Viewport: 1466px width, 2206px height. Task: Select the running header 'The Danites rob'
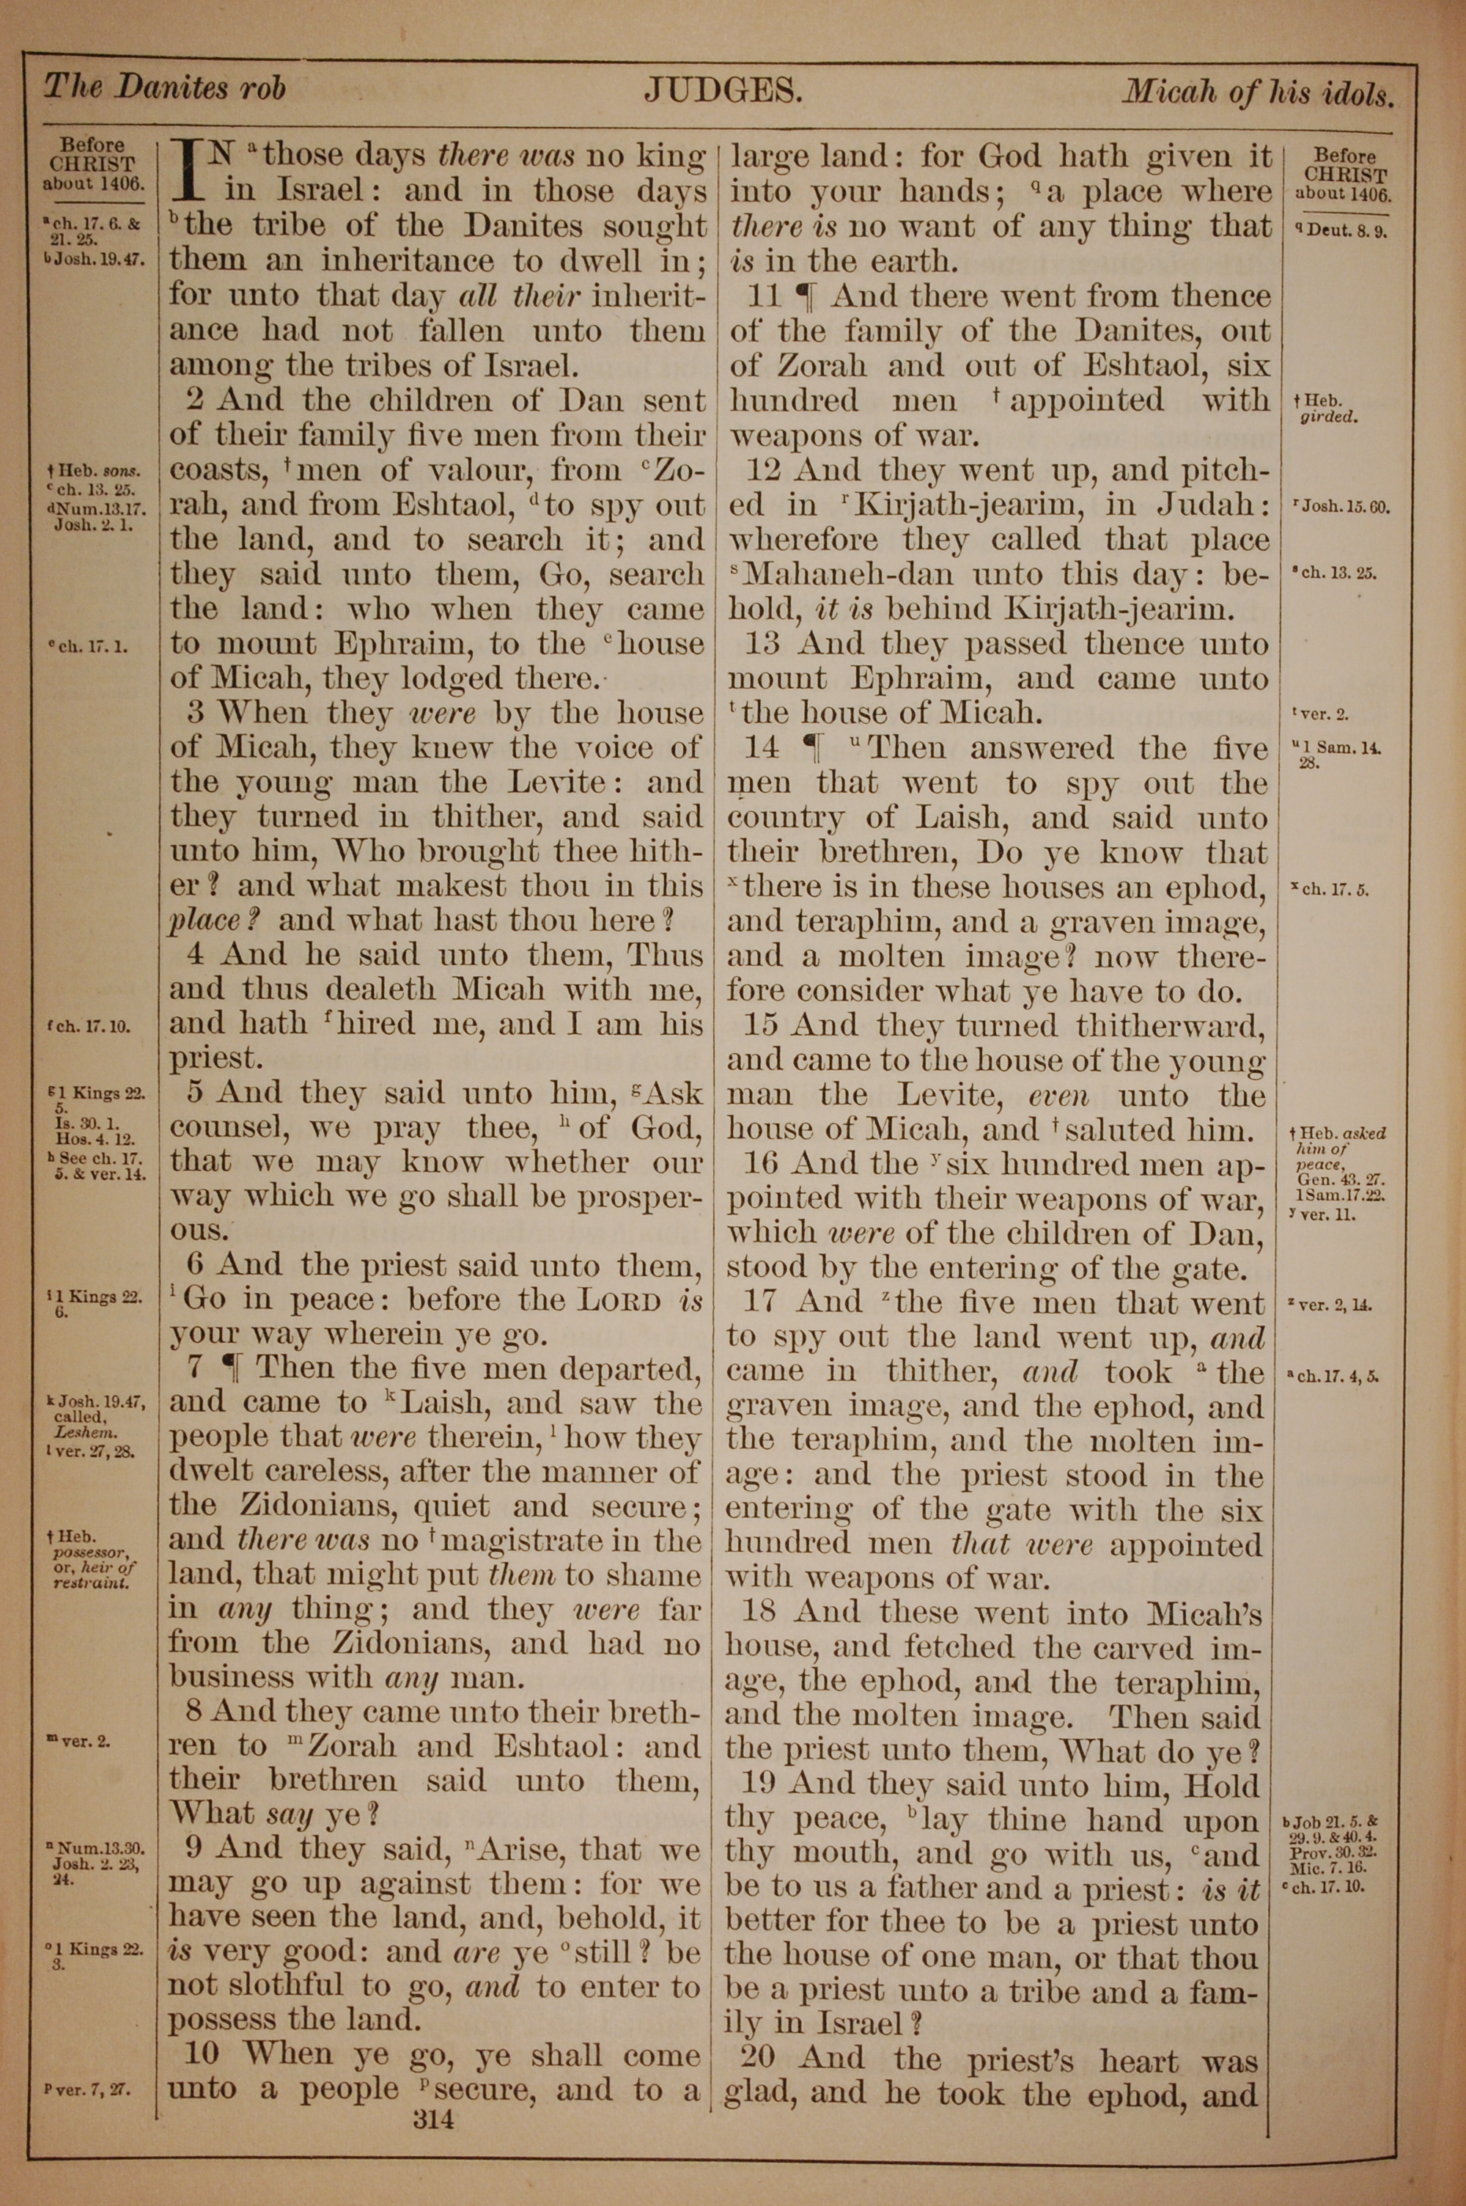coord(164,88)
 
